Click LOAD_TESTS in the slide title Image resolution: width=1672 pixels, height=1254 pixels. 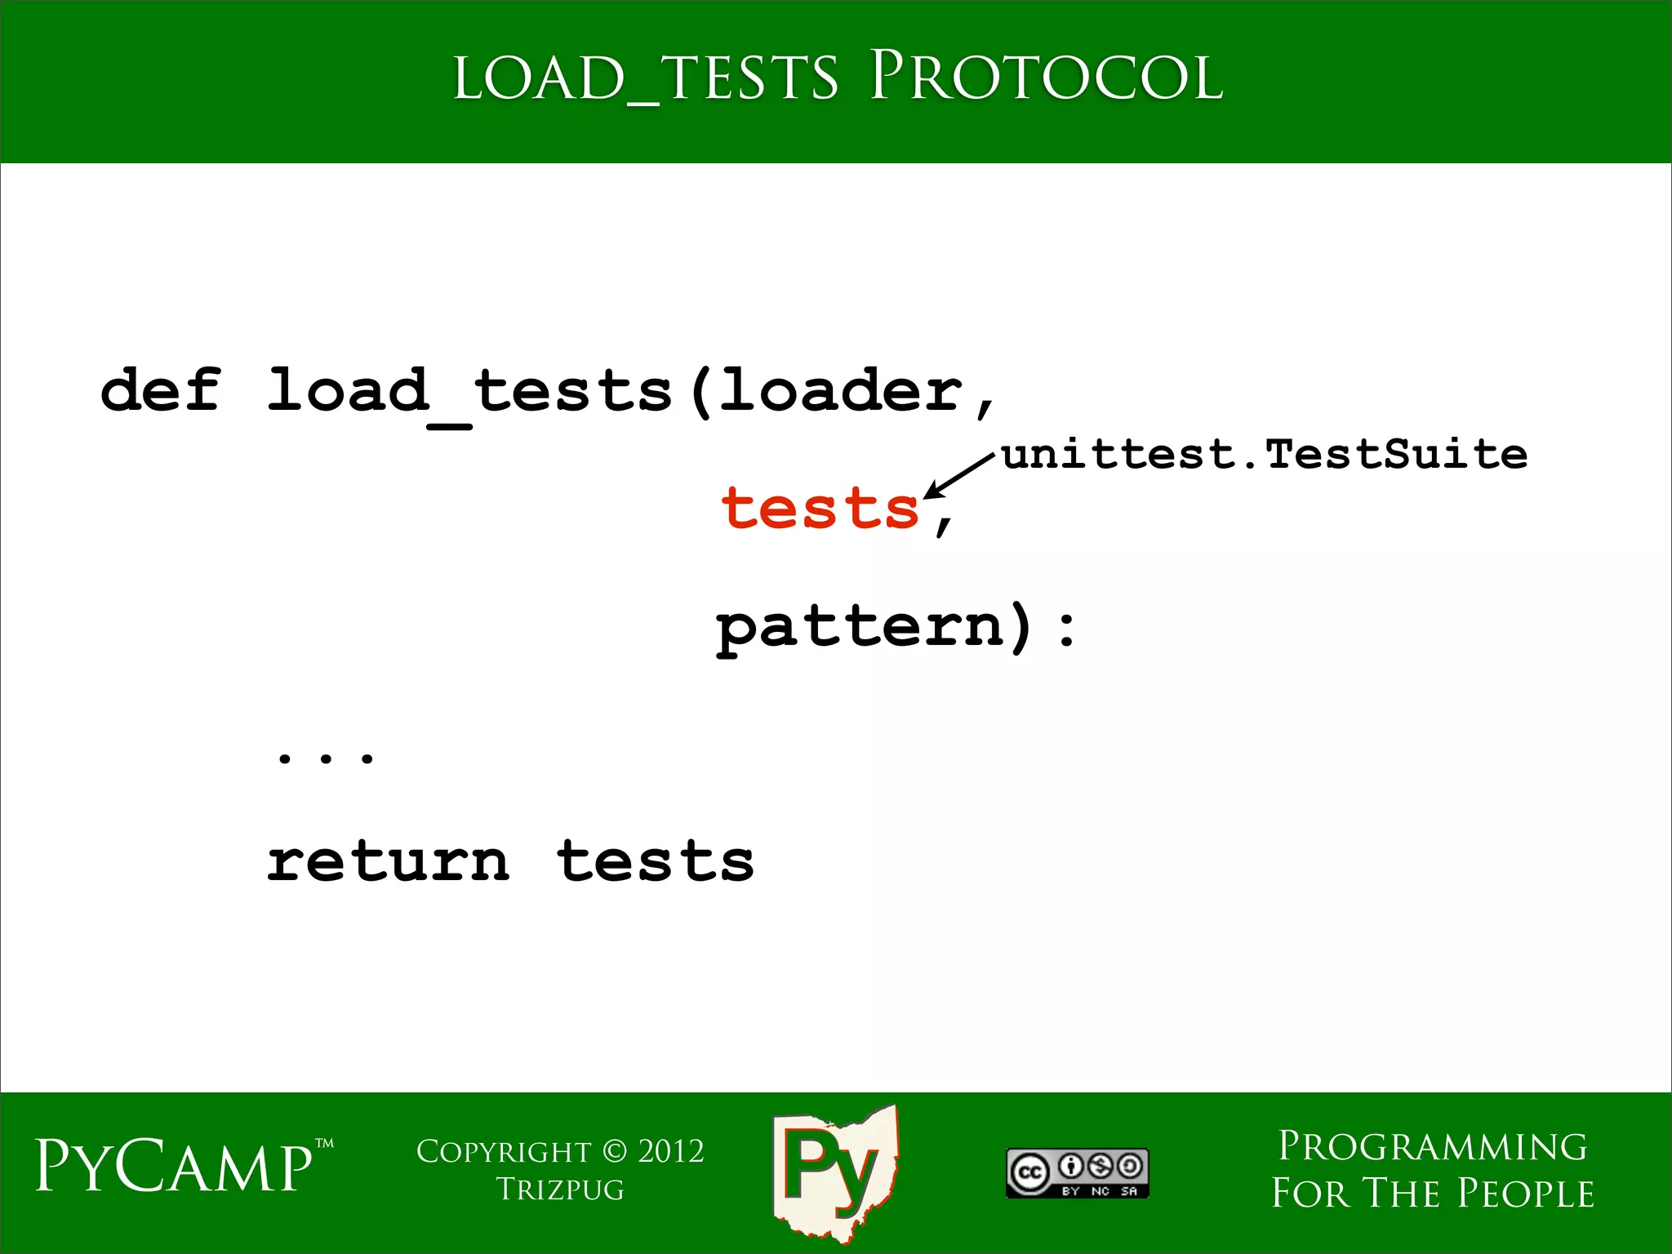pyautogui.click(x=645, y=79)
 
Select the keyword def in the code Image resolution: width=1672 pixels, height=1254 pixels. pyautogui.click(x=160, y=389)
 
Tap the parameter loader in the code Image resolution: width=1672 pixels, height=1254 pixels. pyautogui.click(x=841, y=389)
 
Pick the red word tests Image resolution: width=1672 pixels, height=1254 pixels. pyautogui.click(x=820, y=508)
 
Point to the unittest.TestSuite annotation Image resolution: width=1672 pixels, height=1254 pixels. pyautogui.click(x=1264, y=454)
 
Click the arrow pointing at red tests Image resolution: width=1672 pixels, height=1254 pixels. pyautogui.click(x=960, y=475)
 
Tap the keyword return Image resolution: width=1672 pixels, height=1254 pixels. pyautogui.click(x=389, y=861)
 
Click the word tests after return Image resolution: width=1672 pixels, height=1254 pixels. pyautogui.click(x=656, y=861)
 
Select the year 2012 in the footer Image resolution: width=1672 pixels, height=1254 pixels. pyautogui.click(x=670, y=1151)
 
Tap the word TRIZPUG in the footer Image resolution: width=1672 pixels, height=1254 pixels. pyautogui.click(x=560, y=1190)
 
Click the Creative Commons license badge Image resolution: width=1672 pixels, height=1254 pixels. pyautogui.click(x=1077, y=1172)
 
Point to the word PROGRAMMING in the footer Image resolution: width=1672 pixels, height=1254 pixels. pyautogui.click(x=1433, y=1146)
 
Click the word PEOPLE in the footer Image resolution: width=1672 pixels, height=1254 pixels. pyautogui.click(x=1525, y=1193)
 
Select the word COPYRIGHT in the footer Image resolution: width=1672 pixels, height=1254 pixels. pyautogui.click(x=504, y=1151)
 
